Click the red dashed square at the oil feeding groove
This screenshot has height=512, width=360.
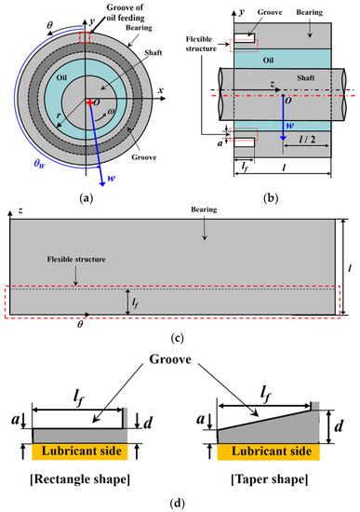click(85, 37)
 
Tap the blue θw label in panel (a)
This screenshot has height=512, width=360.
click(40, 163)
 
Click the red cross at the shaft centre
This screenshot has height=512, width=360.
click(89, 102)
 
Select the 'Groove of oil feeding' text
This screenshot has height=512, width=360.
click(126, 12)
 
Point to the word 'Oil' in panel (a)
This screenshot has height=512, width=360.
click(61, 77)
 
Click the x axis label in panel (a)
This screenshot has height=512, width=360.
click(160, 90)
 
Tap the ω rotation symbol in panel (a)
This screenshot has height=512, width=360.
click(112, 112)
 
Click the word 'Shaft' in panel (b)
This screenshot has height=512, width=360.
click(305, 77)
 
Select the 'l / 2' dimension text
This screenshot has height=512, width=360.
click(307, 139)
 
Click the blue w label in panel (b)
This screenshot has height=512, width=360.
click(289, 126)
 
